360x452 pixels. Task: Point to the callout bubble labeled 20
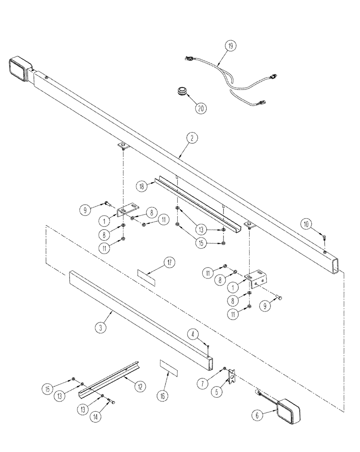(200, 108)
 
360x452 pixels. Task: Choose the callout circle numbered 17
(170, 263)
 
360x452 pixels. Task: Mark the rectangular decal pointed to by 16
(169, 368)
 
